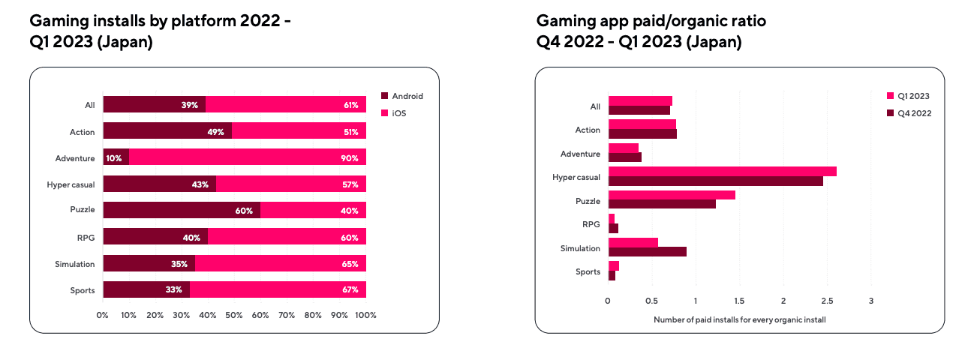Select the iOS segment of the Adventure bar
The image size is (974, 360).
[248, 157]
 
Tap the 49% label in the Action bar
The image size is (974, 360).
[216, 132]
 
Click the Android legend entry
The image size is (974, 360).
[402, 96]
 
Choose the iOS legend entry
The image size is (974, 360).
[398, 113]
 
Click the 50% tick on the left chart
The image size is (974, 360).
[234, 315]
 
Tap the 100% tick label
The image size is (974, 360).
[365, 315]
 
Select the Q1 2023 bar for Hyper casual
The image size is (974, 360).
[722, 172]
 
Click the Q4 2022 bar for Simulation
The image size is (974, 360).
[647, 252]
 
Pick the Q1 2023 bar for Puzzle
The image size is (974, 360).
[672, 195]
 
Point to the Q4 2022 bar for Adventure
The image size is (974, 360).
[624, 157]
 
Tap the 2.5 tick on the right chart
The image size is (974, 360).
[827, 301]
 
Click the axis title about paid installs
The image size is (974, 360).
[739, 319]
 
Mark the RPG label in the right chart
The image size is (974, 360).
[591, 224]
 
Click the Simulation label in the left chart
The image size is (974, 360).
[74, 264]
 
